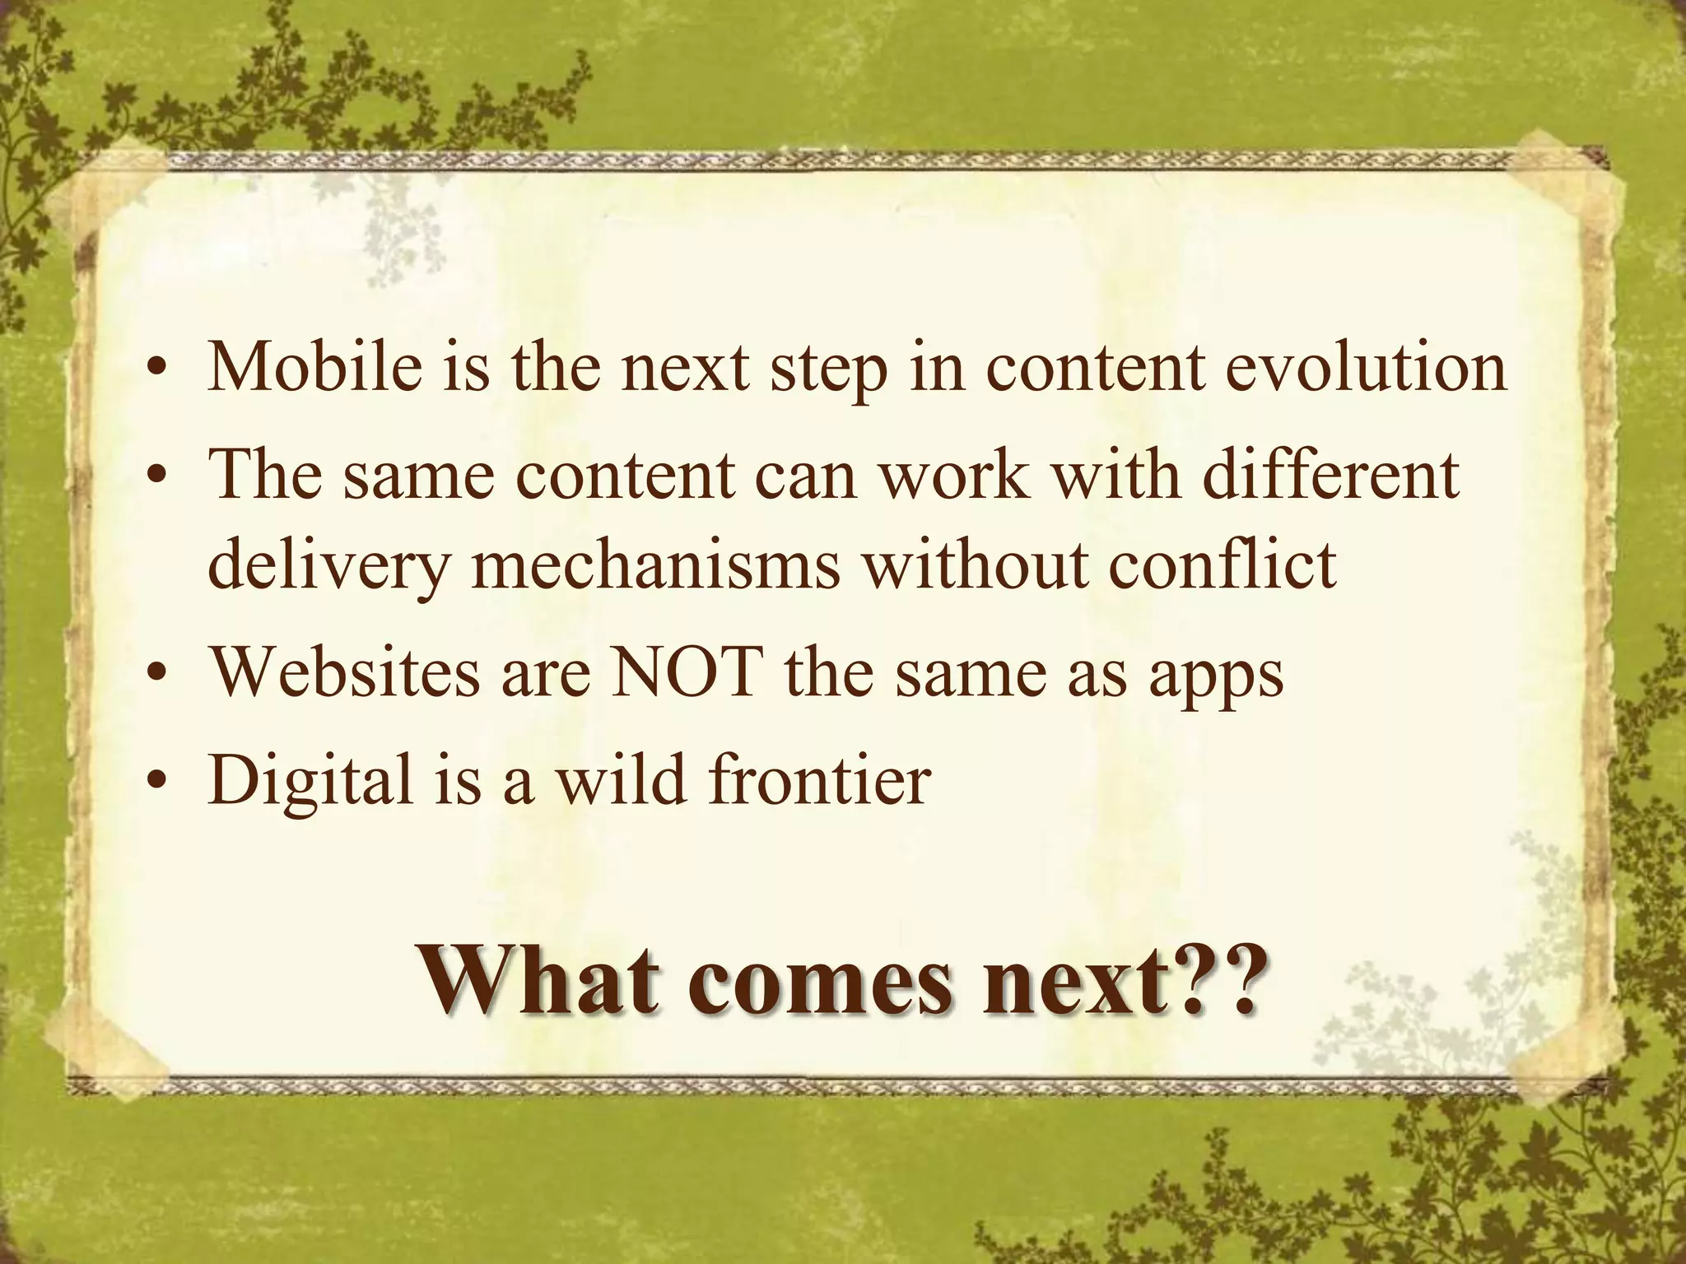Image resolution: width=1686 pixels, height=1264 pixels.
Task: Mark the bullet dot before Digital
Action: pyautogui.click(x=153, y=783)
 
